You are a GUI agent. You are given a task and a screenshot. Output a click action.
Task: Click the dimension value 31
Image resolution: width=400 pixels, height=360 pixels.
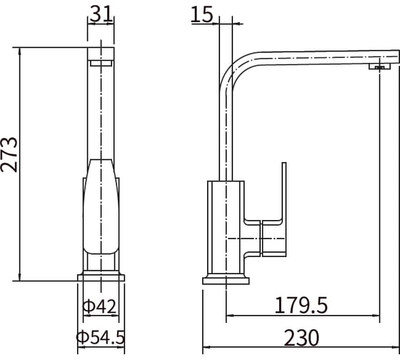101,14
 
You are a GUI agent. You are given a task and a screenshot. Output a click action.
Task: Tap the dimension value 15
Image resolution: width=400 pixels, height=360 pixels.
201,14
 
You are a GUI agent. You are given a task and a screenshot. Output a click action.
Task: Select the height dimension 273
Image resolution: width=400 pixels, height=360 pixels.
9,154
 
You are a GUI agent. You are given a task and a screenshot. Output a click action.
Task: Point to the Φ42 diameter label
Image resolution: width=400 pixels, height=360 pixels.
99,306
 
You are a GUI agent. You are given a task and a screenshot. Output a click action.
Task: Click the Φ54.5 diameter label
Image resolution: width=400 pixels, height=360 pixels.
101,337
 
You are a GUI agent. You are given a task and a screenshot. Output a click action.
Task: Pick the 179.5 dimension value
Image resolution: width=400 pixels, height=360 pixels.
301,305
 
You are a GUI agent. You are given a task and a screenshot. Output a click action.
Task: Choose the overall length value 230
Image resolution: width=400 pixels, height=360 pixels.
301,338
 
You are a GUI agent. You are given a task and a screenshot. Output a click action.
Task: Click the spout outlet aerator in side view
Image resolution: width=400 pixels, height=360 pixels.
379,67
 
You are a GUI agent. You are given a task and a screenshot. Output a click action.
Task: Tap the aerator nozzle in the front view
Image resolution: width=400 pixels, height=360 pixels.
101,63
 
